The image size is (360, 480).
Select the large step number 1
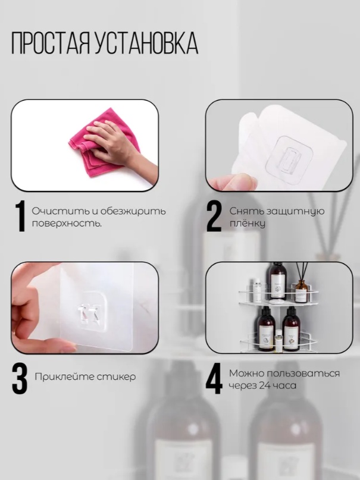tap(21, 217)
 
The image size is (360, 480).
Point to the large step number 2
tap(214, 217)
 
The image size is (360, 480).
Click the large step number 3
tap(20, 378)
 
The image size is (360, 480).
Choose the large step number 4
tap(214, 378)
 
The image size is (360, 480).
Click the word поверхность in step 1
tap(67, 224)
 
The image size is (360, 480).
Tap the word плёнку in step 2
tap(248, 224)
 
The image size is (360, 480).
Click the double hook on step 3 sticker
tap(88, 315)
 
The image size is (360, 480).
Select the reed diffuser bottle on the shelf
tap(302, 290)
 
